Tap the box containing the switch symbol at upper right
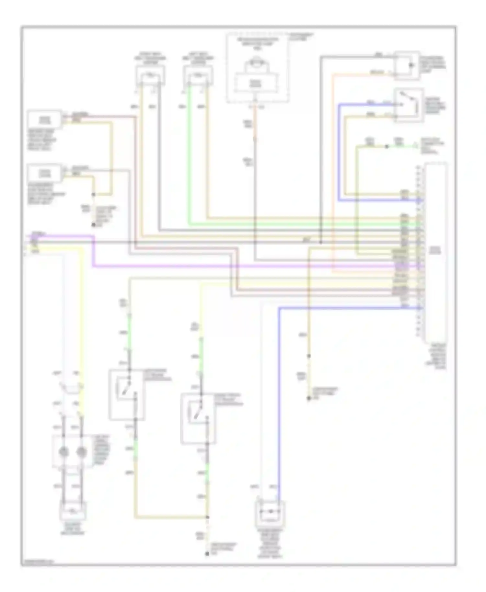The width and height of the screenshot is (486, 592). click(x=408, y=105)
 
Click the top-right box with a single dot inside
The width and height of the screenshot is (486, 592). click(x=407, y=65)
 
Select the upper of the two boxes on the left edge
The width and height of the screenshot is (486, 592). click(x=44, y=120)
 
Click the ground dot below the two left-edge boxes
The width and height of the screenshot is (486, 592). click(x=94, y=224)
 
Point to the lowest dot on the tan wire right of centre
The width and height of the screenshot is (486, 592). click(x=309, y=399)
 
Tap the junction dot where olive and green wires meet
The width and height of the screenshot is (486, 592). click(x=386, y=147)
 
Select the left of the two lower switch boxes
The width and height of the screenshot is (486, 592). click(x=127, y=394)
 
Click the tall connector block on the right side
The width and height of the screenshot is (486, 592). click(x=436, y=249)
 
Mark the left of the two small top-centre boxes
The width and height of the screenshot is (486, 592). click(x=150, y=75)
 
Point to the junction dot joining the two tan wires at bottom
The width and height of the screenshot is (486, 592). click(x=207, y=517)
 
